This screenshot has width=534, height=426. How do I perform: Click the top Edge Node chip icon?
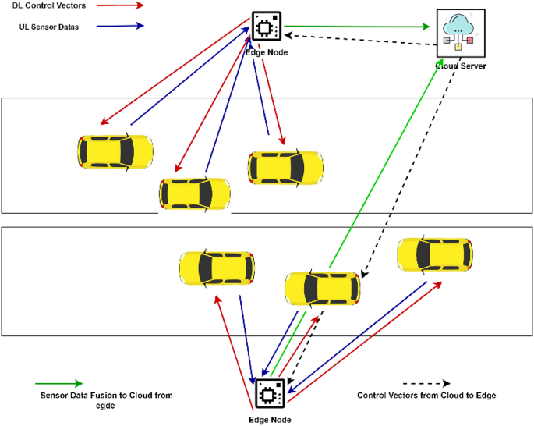[265, 28]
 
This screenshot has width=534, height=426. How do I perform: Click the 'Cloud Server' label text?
[461, 67]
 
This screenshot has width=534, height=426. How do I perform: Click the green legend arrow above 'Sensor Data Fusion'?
[58, 383]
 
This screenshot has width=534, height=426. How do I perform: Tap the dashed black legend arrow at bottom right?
[424, 384]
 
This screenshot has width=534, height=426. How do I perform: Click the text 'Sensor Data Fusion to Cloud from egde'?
[106, 401]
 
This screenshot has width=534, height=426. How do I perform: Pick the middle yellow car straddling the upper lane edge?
[194, 193]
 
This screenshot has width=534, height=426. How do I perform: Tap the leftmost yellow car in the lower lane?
[217, 267]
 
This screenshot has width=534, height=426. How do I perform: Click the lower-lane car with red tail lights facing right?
[323, 287]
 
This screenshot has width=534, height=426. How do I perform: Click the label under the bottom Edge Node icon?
[269, 420]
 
